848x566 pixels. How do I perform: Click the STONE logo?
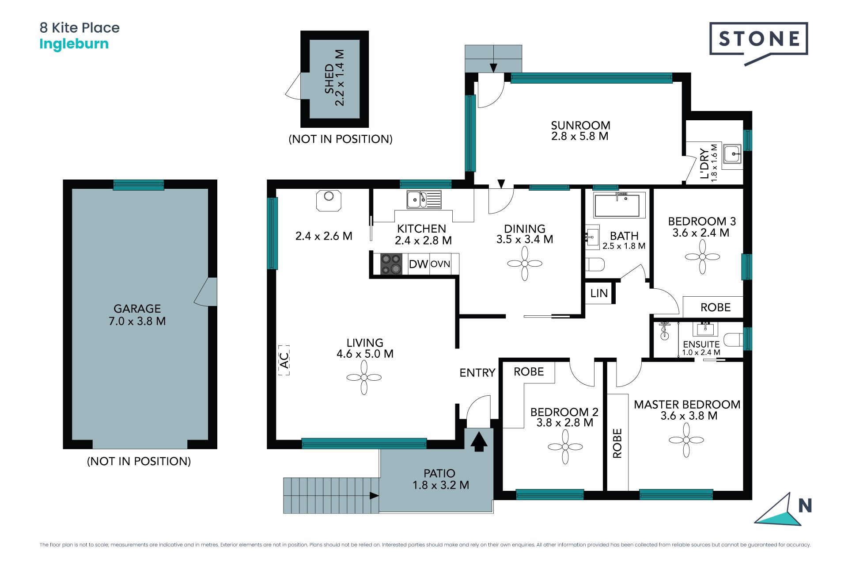tap(759, 42)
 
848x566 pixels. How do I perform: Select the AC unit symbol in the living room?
tap(284, 360)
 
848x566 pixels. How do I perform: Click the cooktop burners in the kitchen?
tap(391, 264)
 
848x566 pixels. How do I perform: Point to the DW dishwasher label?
tap(418, 264)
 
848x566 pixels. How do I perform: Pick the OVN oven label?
tap(440, 264)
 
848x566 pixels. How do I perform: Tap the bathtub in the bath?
tap(617, 205)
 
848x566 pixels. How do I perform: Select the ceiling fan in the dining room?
tap(525, 264)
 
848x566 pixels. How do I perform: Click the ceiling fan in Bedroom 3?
tap(702, 257)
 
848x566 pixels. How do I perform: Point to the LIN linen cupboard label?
tap(599, 293)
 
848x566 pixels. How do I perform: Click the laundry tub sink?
tap(732, 154)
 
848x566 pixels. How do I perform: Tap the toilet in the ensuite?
tap(734, 340)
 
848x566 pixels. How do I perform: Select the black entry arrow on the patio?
tap(479, 441)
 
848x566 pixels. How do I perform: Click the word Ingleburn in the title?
tap(74, 44)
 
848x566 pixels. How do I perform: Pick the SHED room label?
tap(329, 79)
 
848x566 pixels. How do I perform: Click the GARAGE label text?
tap(137, 309)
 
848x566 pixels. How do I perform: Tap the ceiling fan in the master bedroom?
tap(686, 440)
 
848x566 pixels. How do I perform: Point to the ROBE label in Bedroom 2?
tap(529, 372)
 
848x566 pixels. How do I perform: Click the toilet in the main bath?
tap(595, 264)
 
